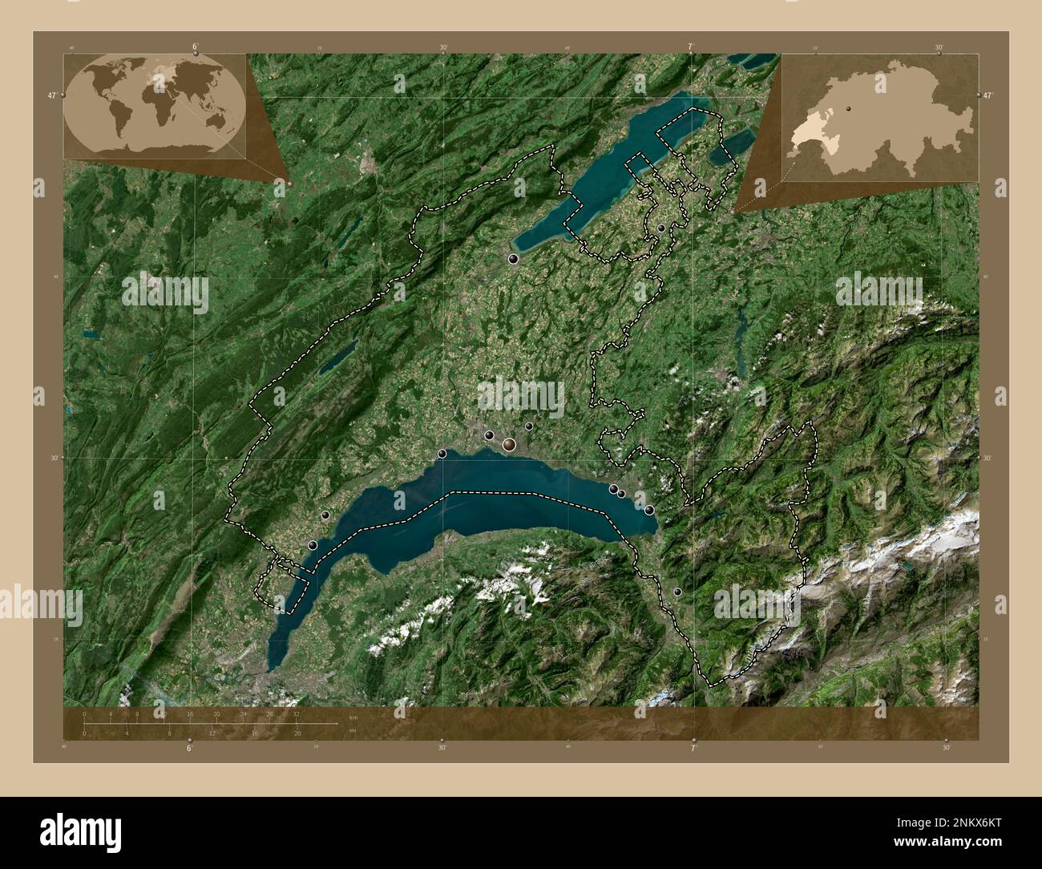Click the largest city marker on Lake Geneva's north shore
[x=509, y=444]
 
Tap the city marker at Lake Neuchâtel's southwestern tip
[x=513, y=258]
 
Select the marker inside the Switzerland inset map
[x=849, y=105]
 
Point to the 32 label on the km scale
[x=297, y=713]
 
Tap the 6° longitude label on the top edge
[x=195, y=46]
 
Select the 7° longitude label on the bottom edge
[x=693, y=748]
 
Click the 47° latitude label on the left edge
[x=52, y=95]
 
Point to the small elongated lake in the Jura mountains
[x=337, y=358]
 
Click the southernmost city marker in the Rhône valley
[x=677, y=592]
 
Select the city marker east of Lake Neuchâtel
[x=661, y=228]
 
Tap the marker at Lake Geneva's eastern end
[x=649, y=510]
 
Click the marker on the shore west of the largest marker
[x=442, y=454]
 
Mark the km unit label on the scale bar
[x=353, y=717]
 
